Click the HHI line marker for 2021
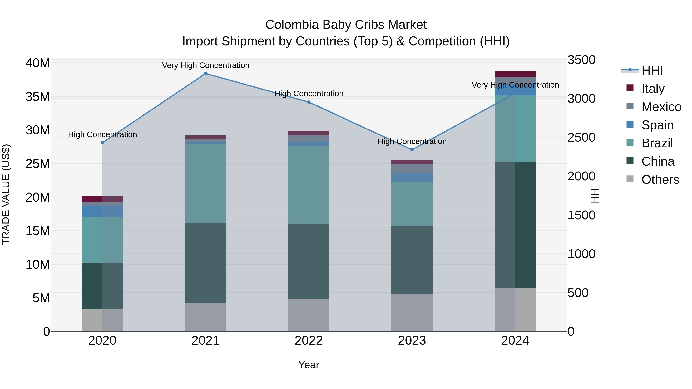[205, 74]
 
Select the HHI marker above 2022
[309, 102]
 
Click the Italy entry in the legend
[653, 88]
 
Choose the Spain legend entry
[657, 125]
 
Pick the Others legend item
[660, 180]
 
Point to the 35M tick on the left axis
[38, 97]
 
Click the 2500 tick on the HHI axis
[581, 138]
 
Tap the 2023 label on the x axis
[412, 341]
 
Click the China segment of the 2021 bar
[205, 263]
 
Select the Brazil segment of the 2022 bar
[309, 185]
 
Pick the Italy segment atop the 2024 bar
[515, 74]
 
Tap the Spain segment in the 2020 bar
[102, 212]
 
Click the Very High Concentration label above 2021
[205, 65]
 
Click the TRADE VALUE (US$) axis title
[6, 194]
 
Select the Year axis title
[309, 365]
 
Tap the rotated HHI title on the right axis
[595, 194]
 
